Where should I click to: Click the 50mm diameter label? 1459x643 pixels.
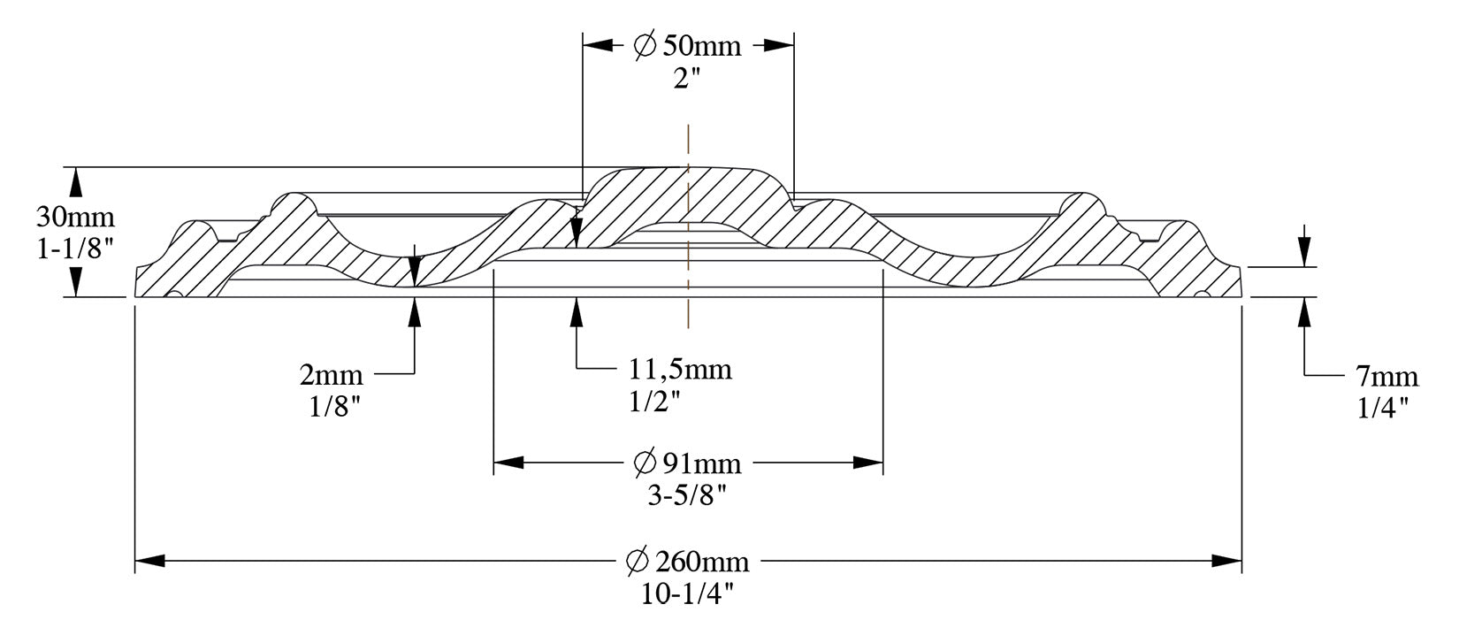tap(702, 46)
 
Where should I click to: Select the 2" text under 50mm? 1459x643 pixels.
tap(686, 79)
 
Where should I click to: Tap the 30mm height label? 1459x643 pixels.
tap(75, 217)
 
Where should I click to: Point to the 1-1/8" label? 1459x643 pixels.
tap(75, 249)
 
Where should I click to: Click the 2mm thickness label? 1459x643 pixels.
tap(331, 375)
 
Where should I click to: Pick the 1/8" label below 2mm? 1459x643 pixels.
tap(334, 407)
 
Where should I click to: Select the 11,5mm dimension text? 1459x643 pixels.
tap(680, 370)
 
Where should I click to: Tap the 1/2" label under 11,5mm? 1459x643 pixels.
tap(654, 402)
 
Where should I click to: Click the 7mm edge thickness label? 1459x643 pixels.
tap(1387, 377)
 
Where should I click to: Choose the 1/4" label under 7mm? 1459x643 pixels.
tap(1383, 409)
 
